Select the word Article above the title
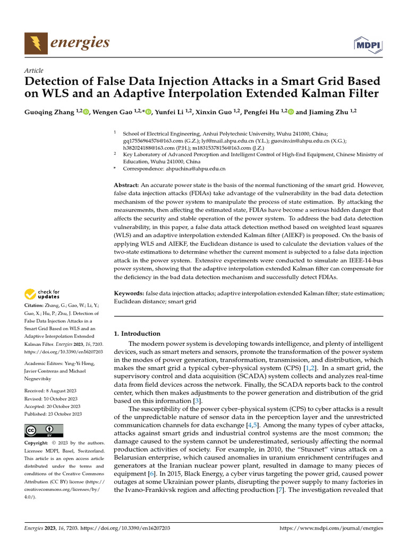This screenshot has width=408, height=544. click(34, 71)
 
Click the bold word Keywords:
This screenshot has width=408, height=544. click(129, 293)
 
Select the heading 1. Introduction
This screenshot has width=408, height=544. click(137, 334)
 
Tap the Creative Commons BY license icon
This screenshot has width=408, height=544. click(44, 431)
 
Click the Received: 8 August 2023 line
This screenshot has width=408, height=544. click(50, 391)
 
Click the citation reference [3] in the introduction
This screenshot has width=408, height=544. click(197, 401)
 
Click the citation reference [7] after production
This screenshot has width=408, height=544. click(278, 489)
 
